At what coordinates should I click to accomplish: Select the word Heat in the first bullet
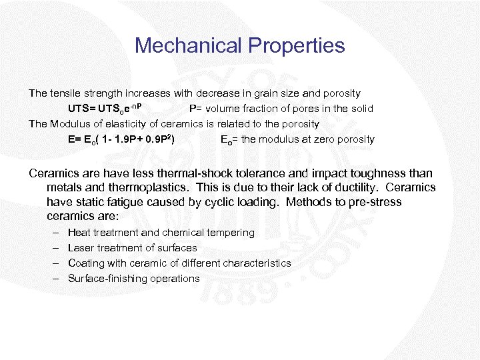pos(79,233)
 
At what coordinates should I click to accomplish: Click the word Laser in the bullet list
pos(81,248)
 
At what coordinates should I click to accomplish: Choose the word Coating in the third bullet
pos(86,263)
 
